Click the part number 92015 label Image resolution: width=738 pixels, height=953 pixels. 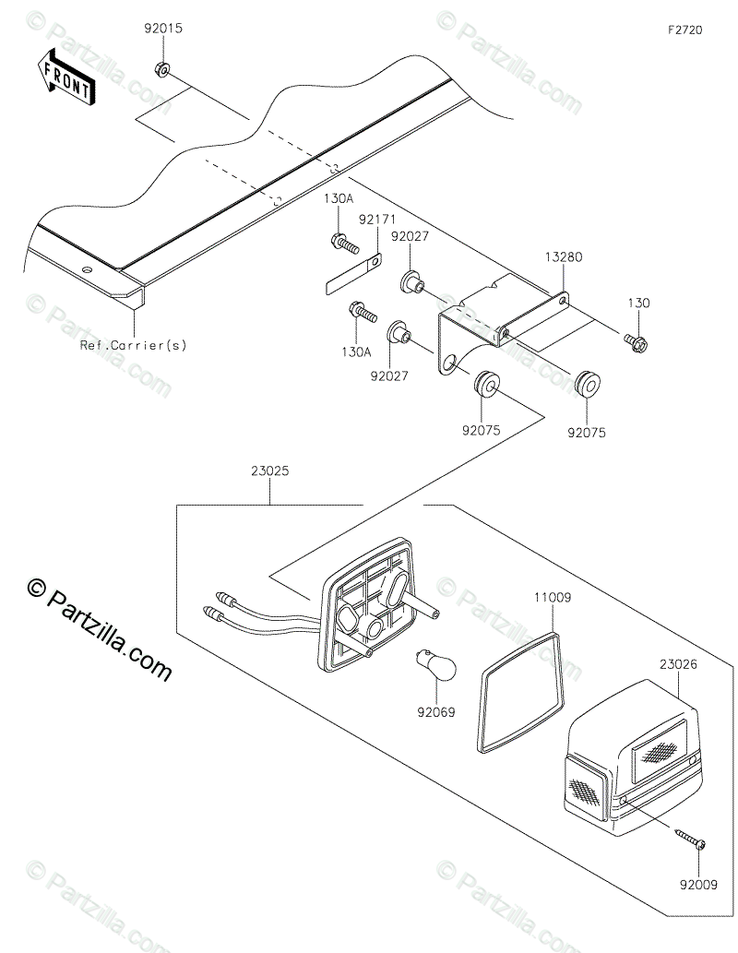162,29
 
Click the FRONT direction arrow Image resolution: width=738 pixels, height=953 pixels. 65,77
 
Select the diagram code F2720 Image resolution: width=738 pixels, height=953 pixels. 685,30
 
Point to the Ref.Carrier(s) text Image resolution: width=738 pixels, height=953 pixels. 133,346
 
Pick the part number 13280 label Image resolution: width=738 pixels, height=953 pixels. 564,259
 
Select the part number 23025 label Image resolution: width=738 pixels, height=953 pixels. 269,471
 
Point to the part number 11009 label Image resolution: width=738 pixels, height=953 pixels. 552,598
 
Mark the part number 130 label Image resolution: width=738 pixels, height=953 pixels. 639,303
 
